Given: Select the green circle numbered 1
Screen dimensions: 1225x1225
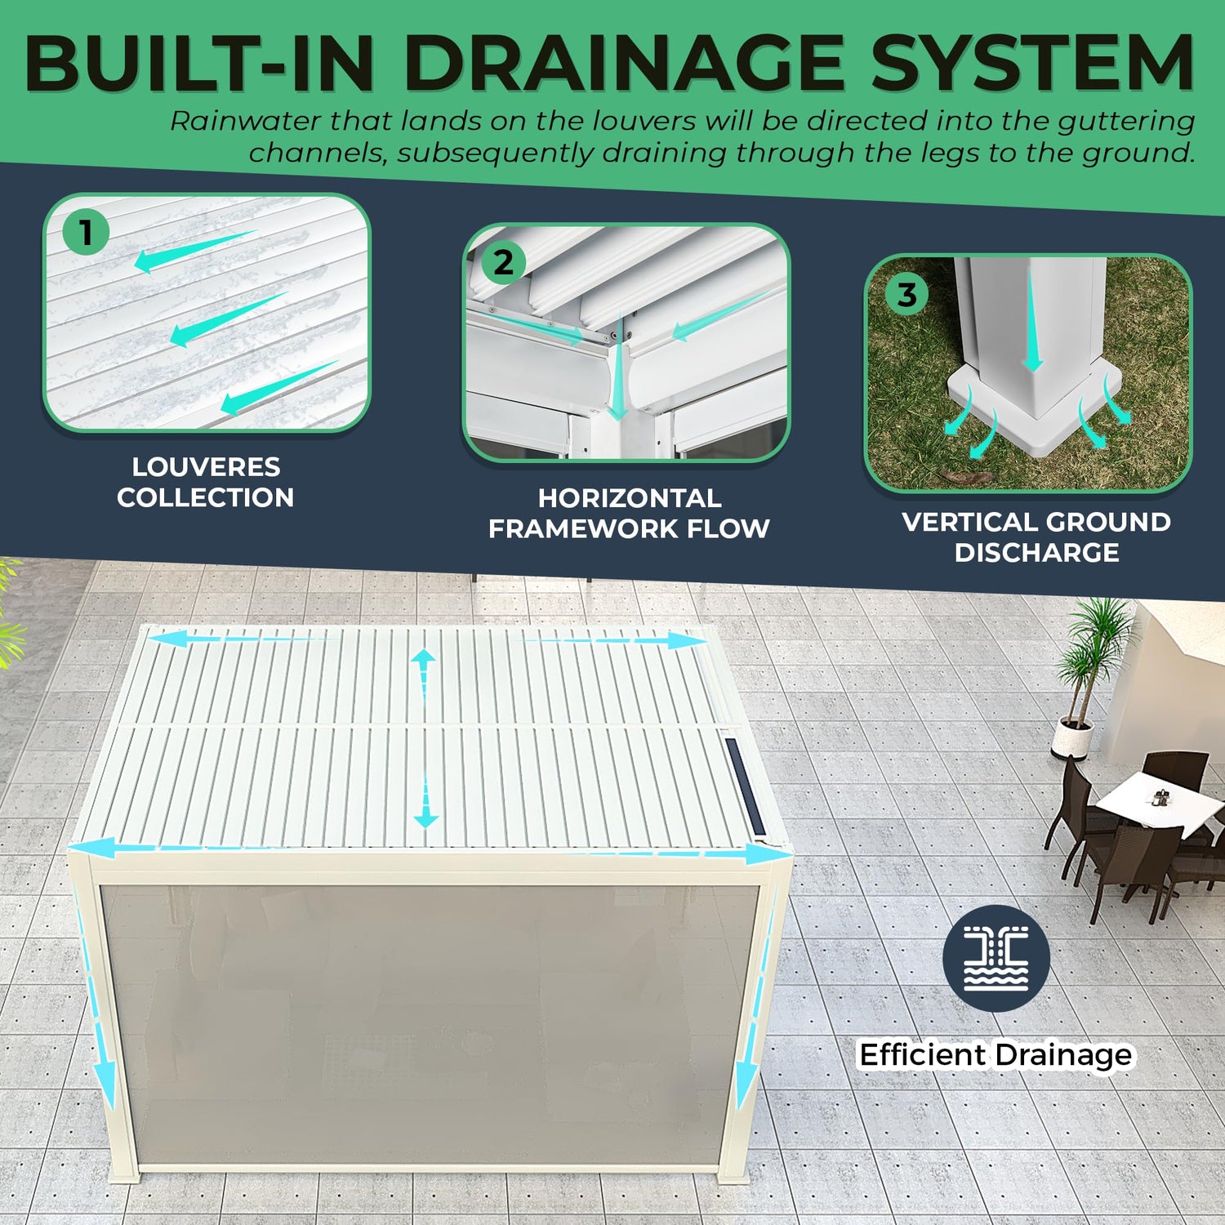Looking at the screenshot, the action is [x=86, y=232].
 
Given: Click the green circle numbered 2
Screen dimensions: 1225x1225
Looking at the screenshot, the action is [x=503, y=262].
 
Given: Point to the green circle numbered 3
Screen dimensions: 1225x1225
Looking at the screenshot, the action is [x=906, y=294].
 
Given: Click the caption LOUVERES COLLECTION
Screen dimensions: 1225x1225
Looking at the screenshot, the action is [x=206, y=482].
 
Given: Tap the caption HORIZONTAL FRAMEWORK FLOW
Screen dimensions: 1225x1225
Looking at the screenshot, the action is [x=629, y=513].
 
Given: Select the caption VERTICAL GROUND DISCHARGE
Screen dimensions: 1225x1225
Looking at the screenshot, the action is [x=1036, y=537].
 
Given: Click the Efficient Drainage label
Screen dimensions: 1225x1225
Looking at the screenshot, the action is [x=996, y=1054].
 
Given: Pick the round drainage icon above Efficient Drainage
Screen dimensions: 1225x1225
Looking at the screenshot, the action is [x=996, y=959].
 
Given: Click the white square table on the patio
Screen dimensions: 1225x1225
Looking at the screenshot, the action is [x=1151, y=800].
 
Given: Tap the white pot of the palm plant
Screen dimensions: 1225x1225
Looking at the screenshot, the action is [x=1071, y=738].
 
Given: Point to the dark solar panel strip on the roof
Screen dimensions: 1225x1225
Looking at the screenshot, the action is [x=744, y=786].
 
